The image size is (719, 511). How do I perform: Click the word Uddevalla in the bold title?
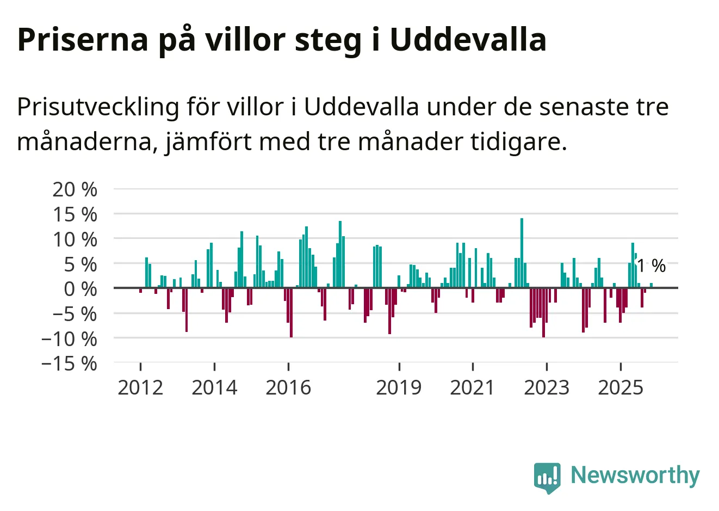468,39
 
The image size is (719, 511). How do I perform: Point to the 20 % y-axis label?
75,189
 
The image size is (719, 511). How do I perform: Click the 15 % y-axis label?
75,214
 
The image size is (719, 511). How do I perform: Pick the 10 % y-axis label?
75,239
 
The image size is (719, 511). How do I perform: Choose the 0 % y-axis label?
80,289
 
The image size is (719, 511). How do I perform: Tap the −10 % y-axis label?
69,338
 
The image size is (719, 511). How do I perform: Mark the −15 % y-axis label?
69,363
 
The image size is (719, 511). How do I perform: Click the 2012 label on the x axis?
140,387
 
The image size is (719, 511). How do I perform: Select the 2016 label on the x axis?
288,387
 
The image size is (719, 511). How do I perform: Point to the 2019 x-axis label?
399,387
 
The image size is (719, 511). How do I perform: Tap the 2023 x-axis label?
546,387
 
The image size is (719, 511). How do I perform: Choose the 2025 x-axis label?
620,387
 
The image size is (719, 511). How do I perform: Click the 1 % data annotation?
651,266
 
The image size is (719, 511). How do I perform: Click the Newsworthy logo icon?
547,477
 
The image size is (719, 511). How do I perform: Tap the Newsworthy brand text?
635,475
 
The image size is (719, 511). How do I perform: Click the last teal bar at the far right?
651,285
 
